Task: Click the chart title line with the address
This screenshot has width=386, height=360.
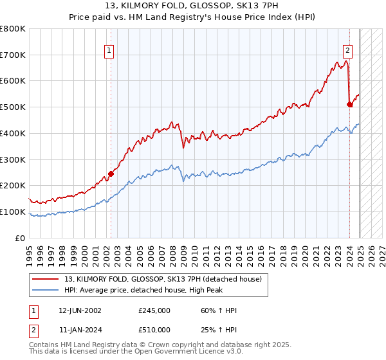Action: coord(192,7)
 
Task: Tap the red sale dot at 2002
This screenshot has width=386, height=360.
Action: coord(111,174)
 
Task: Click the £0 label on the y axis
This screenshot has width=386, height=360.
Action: coord(21,238)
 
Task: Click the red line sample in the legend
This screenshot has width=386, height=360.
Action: coord(46,279)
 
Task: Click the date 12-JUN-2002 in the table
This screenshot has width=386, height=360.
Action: coord(80,310)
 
